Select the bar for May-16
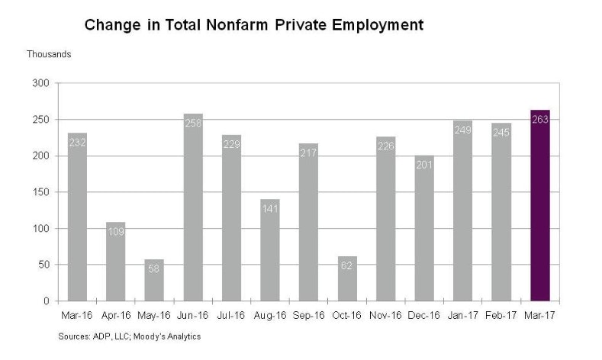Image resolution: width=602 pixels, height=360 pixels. (x=154, y=280)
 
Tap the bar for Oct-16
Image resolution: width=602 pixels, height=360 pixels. (x=346, y=278)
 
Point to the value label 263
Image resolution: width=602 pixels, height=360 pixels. (x=539, y=119)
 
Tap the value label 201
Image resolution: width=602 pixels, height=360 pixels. (x=423, y=163)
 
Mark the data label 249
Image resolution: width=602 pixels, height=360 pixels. (x=462, y=129)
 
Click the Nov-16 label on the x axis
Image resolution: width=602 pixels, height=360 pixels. (x=385, y=313)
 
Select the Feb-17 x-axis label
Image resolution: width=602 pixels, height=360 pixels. (x=501, y=313)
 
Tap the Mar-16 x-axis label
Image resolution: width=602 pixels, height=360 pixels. (x=77, y=313)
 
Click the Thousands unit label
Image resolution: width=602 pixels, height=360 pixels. (x=49, y=54)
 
